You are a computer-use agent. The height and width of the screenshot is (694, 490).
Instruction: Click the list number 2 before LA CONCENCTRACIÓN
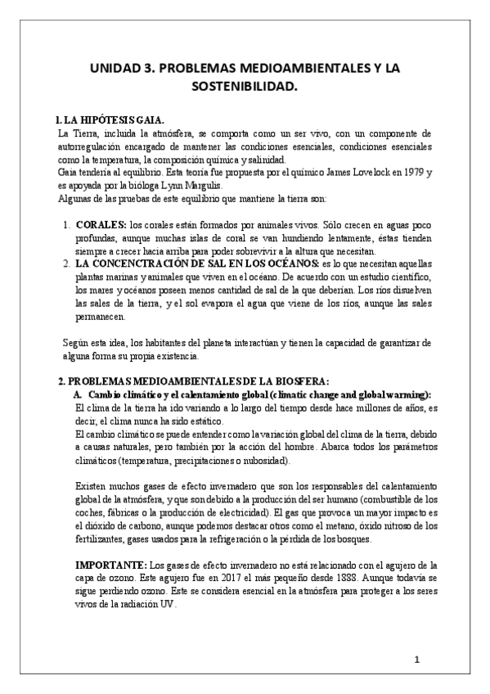point(66,264)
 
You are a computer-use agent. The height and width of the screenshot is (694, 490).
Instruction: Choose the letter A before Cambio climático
point(79,394)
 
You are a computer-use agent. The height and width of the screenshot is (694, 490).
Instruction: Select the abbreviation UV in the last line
point(164,604)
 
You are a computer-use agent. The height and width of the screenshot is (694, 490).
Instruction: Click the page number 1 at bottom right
point(416,660)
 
